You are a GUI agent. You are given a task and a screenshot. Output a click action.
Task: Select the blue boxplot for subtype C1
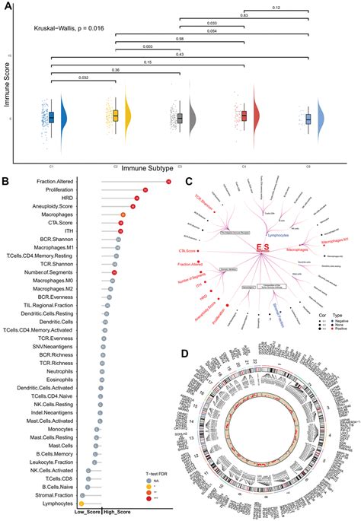point(51,117)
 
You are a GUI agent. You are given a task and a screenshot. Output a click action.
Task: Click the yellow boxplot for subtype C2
point(116,115)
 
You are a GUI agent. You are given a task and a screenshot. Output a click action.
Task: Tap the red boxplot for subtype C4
point(244,116)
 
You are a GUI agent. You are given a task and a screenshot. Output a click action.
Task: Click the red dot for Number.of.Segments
point(114,272)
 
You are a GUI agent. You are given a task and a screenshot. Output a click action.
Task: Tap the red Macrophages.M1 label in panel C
point(337,240)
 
